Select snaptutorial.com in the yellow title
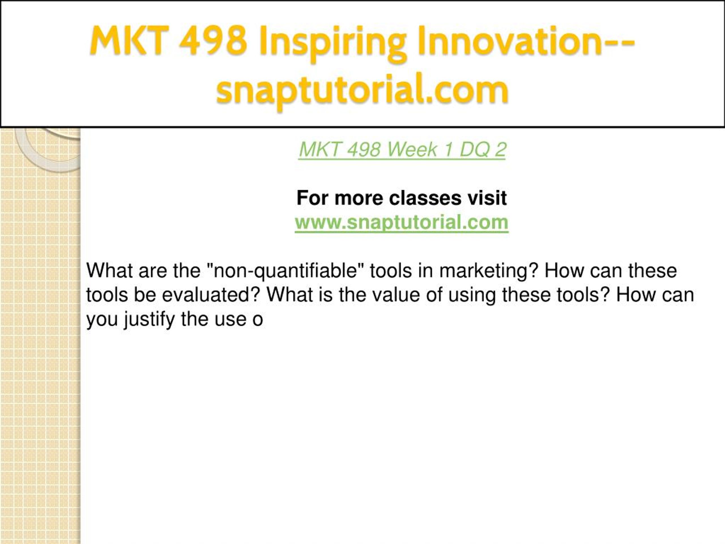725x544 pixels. tap(362, 90)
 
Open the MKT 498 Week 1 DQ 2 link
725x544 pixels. tap(402, 150)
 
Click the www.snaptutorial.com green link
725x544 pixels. tap(402, 222)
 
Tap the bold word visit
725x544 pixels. tap(487, 198)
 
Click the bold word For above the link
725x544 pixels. tap(313, 198)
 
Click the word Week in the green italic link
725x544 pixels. tap(412, 150)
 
